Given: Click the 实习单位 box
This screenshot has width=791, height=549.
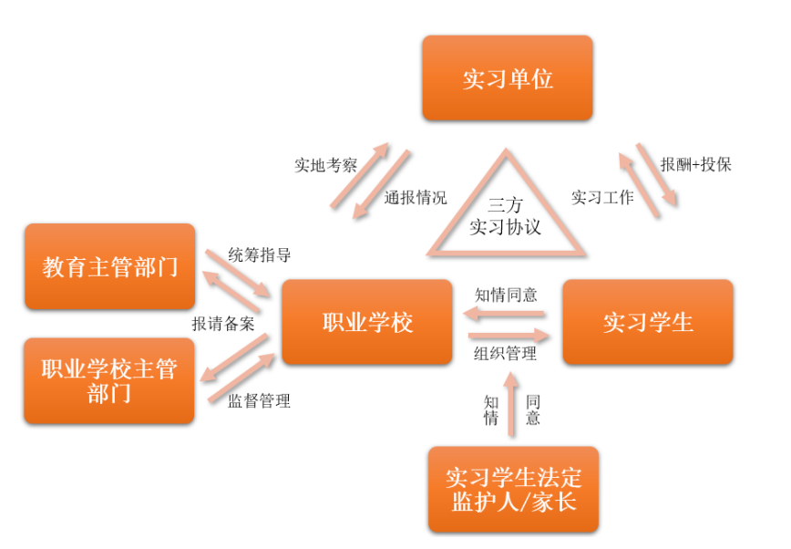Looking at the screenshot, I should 507,78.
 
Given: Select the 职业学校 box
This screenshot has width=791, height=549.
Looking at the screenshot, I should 367,322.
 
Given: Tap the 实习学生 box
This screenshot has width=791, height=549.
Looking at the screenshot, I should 648,322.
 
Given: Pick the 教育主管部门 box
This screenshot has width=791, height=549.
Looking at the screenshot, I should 110,266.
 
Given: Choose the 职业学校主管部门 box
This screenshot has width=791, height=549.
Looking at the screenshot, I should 109,380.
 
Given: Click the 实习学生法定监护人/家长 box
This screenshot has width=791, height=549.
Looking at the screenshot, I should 513,489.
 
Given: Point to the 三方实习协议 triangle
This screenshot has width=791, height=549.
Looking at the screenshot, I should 505,215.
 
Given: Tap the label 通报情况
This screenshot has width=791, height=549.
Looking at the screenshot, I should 416,197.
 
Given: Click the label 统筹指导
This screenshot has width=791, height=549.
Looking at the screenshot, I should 260,254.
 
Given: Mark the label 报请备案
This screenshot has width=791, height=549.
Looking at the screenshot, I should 222,324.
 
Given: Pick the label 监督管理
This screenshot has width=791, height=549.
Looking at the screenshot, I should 259,400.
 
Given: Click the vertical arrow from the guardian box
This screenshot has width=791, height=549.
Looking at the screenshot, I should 511,401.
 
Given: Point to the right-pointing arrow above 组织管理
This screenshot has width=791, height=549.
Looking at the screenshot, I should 506,335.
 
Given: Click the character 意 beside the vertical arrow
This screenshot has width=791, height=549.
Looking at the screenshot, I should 533,418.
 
